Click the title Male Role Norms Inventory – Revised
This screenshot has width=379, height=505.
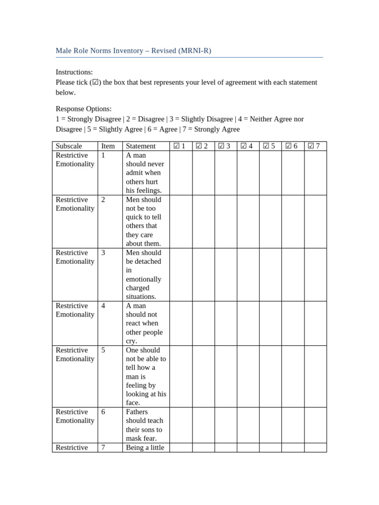click(x=133, y=51)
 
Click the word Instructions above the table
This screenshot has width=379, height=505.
click(x=74, y=72)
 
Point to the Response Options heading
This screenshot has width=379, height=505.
click(x=83, y=108)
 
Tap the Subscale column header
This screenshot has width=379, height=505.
click(x=69, y=146)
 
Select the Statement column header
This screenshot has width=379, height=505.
click(x=141, y=146)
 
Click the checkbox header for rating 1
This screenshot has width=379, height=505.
click(x=180, y=146)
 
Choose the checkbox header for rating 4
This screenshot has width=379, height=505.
click(x=247, y=146)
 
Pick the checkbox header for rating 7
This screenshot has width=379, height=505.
click(x=314, y=146)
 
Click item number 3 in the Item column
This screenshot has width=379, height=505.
click(x=103, y=252)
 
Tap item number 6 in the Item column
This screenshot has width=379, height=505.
click(x=103, y=412)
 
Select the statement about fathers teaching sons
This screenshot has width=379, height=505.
click(x=145, y=425)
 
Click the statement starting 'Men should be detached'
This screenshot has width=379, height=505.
click(x=145, y=274)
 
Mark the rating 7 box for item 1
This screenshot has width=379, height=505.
click(x=315, y=173)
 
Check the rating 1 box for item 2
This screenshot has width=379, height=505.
click(x=181, y=221)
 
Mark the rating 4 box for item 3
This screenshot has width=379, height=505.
click(x=248, y=274)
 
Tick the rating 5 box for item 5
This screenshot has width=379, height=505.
click(x=270, y=376)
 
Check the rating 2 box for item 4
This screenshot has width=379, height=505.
click(x=203, y=323)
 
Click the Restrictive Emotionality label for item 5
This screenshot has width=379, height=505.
click(x=75, y=355)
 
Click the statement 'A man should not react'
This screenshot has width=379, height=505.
click(x=145, y=323)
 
